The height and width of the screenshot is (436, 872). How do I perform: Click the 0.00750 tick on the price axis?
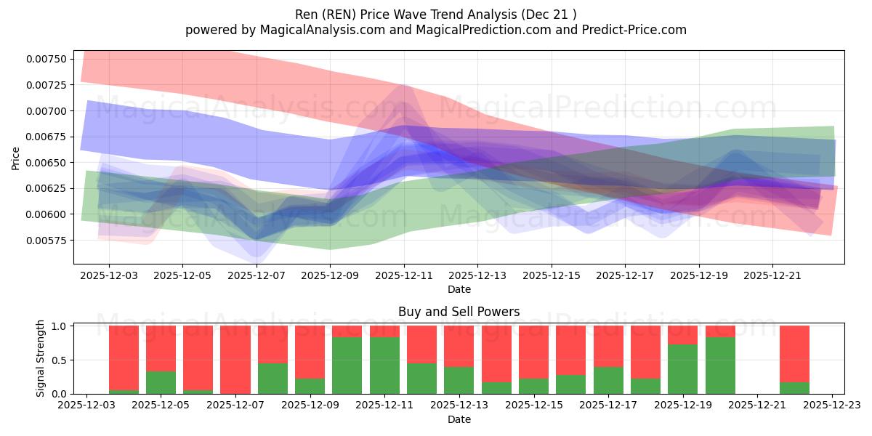(47, 59)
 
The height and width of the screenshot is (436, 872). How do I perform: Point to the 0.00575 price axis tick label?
(47, 240)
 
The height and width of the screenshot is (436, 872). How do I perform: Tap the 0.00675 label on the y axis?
(47, 137)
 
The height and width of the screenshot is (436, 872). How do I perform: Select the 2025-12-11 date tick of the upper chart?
(404, 276)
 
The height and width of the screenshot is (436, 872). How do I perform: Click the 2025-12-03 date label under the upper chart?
(109, 276)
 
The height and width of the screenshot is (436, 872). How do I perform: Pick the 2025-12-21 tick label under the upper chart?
(772, 276)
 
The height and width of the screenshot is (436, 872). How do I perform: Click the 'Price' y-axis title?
(16, 158)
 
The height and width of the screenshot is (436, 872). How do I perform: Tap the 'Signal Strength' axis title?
(41, 358)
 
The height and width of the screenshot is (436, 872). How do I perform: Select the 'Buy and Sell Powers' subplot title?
(459, 312)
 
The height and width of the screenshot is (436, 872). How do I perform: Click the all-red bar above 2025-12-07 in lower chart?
(235, 359)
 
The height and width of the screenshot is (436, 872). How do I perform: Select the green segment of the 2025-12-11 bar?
(384, 365)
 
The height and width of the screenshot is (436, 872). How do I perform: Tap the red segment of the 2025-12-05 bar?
(161, 348)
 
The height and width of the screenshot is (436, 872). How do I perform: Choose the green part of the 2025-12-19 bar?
(682, 368)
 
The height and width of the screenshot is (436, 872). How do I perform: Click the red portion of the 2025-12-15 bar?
(533, 352)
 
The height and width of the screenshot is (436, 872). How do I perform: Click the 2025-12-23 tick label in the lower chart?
(831, 405)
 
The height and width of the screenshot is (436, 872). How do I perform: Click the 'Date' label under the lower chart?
(459, 419)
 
